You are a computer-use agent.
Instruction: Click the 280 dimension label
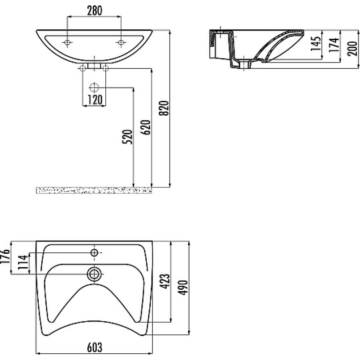pos(94,10)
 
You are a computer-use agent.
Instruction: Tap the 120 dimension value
pos(95,99)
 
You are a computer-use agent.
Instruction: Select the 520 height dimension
pos(127,137)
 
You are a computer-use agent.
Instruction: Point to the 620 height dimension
pos(146,127)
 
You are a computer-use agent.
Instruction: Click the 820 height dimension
pos(164,108)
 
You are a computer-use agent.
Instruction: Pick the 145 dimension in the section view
pos(316,44)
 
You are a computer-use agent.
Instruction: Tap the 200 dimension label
pos(352,49)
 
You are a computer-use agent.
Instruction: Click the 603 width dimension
pos(94,347)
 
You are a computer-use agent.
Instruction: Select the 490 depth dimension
pos(183,288)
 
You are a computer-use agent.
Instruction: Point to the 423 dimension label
pos(165,281)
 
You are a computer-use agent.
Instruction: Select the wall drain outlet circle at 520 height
pos(94,87)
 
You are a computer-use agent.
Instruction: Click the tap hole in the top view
pos(94,253)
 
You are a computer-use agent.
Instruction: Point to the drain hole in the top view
pos(94,274)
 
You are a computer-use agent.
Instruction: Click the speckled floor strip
pos(94,190)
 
